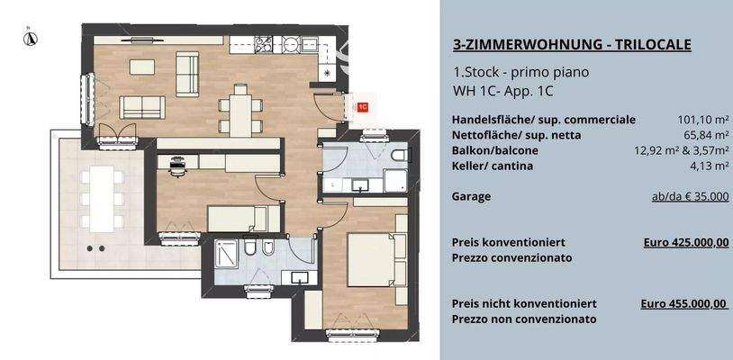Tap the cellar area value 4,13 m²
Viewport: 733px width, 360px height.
point(709,166)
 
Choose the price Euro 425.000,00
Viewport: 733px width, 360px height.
point(686,242)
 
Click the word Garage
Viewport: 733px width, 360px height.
point(471,195)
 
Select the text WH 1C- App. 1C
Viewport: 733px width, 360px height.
point(503,91)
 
